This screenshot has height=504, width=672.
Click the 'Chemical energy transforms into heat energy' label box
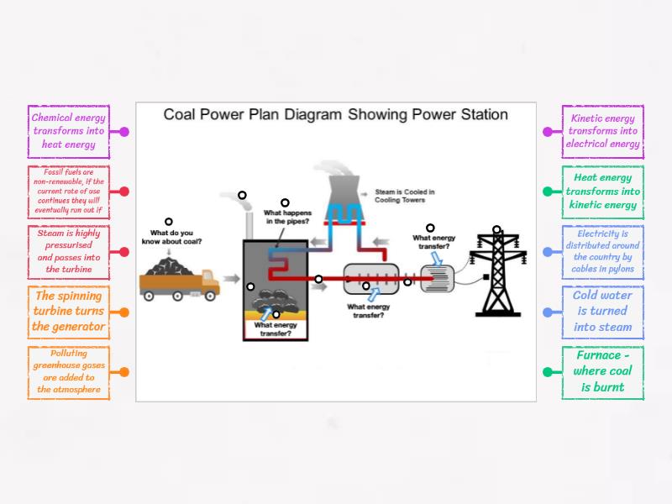(69, 131)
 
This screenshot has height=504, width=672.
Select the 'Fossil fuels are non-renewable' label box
(69, 192)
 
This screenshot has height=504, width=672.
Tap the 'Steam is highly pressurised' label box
(69, 251)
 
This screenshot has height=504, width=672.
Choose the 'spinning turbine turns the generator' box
(69, 312)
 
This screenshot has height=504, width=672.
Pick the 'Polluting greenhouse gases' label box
(69, 372)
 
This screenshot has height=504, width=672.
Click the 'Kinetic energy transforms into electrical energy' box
(603, 131)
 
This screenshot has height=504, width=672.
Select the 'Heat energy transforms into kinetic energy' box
(603, 192)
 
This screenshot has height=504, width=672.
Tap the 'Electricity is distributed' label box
(603, 251)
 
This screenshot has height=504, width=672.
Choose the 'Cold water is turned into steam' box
(603, 312)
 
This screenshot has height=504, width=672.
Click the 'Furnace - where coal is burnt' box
(603, 372)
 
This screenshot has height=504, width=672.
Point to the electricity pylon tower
(496, 273)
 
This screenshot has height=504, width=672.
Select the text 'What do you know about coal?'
(176, 237)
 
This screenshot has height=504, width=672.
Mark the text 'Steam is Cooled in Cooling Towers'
(405, 196)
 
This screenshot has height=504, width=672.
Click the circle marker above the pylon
(496, 228)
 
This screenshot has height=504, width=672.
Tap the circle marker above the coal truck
(168, 222)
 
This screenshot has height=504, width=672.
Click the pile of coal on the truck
(174, 266)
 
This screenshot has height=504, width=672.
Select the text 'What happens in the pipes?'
(286, 218)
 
